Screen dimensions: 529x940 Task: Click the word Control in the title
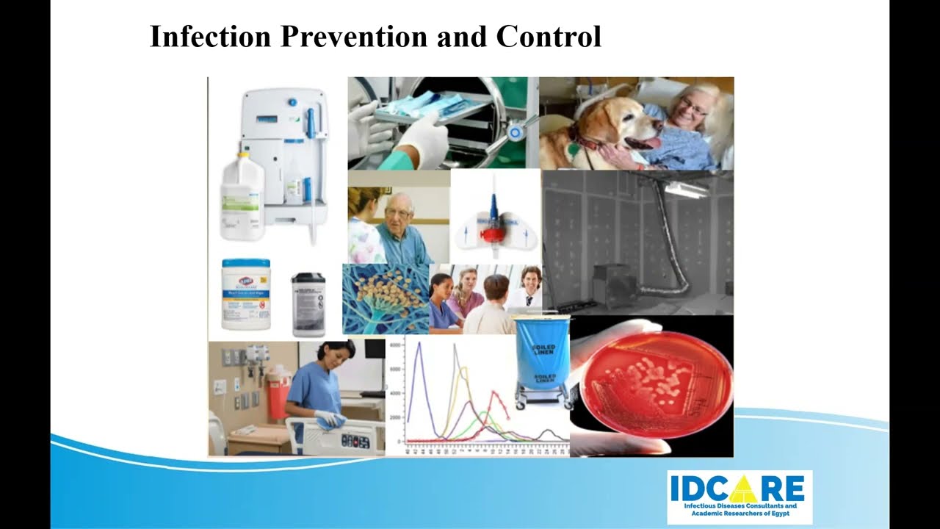click(x=549, y=36)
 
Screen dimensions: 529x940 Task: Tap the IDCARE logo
click(x=739, y=497)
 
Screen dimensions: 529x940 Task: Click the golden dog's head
click(x=621, y=126)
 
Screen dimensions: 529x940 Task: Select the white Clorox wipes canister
click(x=246, y=294)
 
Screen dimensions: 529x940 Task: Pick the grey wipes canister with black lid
click(x=308, y=304)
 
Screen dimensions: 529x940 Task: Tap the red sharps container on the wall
click(x=278, y=392)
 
